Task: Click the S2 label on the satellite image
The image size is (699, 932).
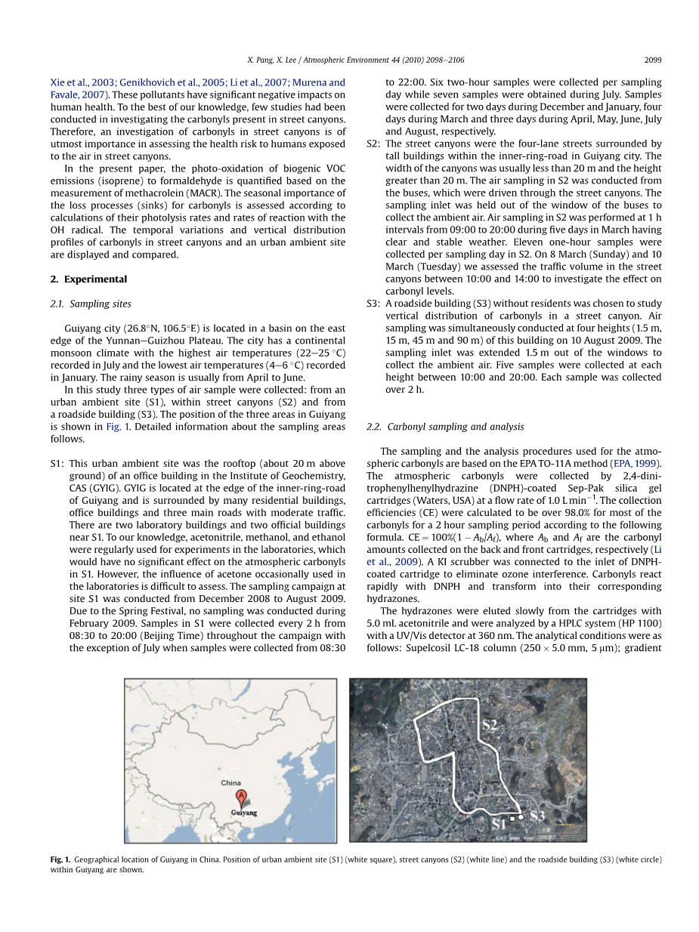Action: (x=490, y=725)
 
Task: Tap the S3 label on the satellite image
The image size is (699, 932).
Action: (x=537, y=816)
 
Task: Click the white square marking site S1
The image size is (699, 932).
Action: (x=512, y=818)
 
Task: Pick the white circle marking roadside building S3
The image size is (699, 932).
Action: (x=521, y=816)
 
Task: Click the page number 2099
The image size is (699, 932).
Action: (x=652, y=59)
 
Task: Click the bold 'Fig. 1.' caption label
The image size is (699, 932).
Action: (x=60, y=859)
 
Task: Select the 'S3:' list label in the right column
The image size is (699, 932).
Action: (x=373, y=304)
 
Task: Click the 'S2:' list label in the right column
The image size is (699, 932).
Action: (x=373, y=144)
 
